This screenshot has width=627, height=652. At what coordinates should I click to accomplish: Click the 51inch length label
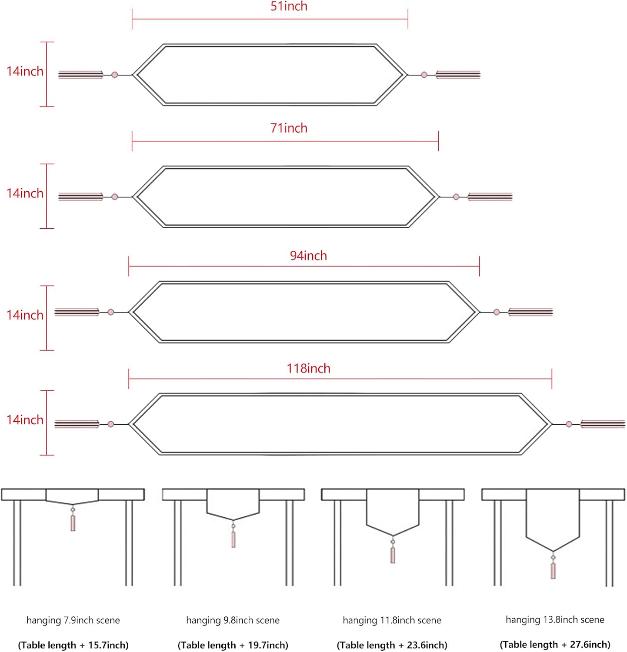(x=289, y=7)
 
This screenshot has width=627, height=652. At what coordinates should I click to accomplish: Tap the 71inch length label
(x=289, y=128)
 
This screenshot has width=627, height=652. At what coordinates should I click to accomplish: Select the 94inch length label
(x=308, y=256)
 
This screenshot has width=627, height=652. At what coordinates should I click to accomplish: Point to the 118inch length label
(x=308, y=369)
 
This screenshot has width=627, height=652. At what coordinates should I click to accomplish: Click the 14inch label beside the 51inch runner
(x=25, y=71)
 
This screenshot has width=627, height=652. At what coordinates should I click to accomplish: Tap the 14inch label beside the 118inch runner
(x=25, y=420)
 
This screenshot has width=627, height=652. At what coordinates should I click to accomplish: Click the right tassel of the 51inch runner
(x=458, y=75)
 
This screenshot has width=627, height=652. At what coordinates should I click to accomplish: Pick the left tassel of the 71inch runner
(x=81, y=197)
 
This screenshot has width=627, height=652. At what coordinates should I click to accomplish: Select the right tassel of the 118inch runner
(x=603, y=424)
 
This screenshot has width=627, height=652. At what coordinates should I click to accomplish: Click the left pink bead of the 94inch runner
(x=111, y=312)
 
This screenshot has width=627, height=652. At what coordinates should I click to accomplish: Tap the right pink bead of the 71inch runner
(x=456, y=197)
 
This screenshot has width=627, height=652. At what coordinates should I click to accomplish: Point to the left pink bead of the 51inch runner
(x=115, y=75)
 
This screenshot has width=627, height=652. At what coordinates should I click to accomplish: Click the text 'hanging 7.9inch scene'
(x=73, y=620)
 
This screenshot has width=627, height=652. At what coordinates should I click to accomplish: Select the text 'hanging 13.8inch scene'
(x=555, y=620)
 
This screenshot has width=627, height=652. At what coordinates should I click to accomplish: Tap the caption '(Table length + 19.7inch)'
(x=233, y=645)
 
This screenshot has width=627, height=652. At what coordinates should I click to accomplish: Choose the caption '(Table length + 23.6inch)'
(x=392, y=645)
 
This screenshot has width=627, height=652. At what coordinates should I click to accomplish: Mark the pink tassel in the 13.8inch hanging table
(x=553, y=571)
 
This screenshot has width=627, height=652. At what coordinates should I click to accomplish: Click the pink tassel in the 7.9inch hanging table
(x=73, y=523)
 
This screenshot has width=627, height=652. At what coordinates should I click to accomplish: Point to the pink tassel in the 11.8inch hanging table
(x=393, y=555)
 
